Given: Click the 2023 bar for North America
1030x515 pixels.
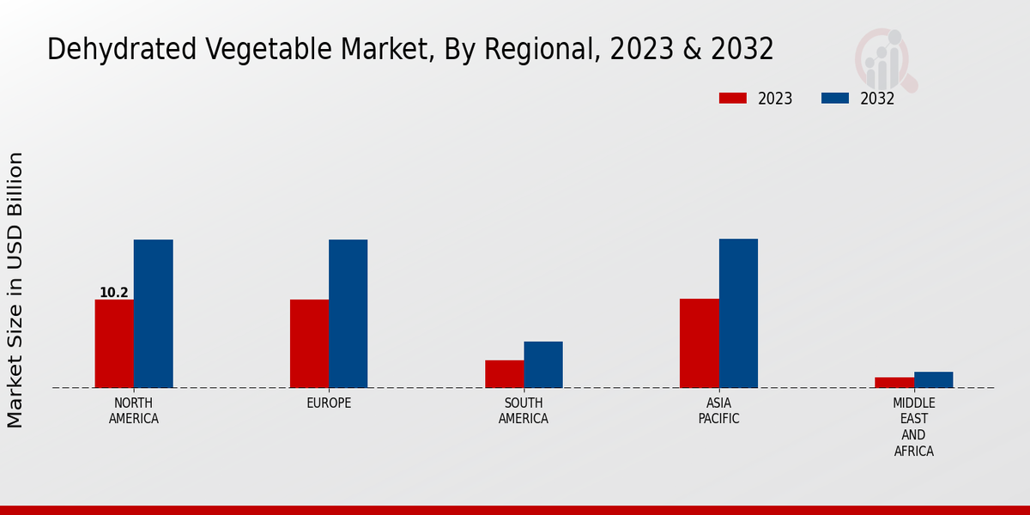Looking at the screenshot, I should tap(114, 343).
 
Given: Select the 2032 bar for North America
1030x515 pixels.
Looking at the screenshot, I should tap(153, 313).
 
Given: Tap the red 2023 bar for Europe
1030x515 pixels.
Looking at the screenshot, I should tap(309, 343).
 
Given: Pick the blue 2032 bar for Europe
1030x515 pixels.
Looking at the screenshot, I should tap(348, 313).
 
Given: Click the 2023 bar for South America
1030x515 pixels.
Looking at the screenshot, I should tap(504, 373).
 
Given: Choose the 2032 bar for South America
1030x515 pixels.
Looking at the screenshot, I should tap(543, 365).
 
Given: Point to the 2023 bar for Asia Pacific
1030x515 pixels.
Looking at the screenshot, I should tap(699, 343).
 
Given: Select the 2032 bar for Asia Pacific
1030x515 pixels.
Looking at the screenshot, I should tap(738, 313).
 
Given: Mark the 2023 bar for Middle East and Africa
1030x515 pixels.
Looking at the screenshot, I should tap(894, 383).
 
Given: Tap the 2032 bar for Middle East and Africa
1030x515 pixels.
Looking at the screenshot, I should tap(933, 379).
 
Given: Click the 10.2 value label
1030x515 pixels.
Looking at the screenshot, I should tap(114, 293).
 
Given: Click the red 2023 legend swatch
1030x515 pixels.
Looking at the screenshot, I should tap(732, 98).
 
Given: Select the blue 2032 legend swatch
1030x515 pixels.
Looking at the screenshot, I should tap(834, 98).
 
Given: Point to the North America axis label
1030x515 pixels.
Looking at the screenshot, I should tap(134, 411).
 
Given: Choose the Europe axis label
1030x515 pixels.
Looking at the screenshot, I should tap(329, 403).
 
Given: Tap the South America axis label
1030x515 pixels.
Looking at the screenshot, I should tap(524, 411).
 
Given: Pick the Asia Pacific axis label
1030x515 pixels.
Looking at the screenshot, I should tap(718, 411).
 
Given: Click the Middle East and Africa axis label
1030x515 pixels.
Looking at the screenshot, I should tap(914, 427).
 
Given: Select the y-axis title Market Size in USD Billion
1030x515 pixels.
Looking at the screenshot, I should tap(15, 289).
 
